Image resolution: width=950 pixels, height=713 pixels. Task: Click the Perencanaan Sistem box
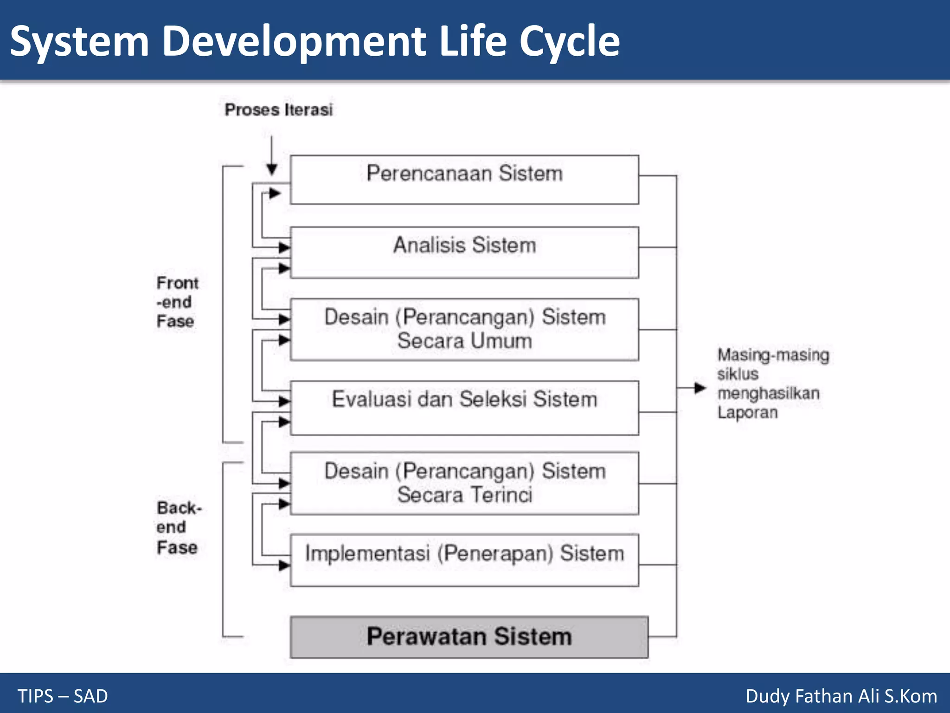pyautogui.click(x=464, y=180)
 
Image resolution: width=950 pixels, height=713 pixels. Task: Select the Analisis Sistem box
pyautogui.click(x=464, y=252)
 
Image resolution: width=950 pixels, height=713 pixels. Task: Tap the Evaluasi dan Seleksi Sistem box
pyautogui.click(x=464, y=408)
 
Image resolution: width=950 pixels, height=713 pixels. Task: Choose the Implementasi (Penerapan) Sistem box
pyautogui.click(x=464, y=560)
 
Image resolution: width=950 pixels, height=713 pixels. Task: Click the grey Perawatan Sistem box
pyautogui.click(x=469, y=637)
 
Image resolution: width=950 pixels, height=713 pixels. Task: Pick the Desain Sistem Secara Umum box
pyautogui.click(x=464, y=329)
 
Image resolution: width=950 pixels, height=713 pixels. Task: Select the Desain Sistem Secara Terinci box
pyautogui.click(x=464, y=483)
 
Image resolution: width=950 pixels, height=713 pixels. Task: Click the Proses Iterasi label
pyautogui.click(x=278, y=110)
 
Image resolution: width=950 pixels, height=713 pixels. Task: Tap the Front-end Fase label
pyautogui.click(x=177, y=302)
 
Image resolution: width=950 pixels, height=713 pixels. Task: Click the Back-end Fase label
pyautogui.click(x=178, y=527)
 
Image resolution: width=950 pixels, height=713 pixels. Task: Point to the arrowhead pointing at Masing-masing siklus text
pyautogui.click(x=700, y=388)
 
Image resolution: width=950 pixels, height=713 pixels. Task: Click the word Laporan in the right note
pyautogui.click(x=747, y=413)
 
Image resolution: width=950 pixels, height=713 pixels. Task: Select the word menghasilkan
pyautogui.click(x=768, y=393)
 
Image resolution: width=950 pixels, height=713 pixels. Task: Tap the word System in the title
pyautogui.click(x=79, y=42)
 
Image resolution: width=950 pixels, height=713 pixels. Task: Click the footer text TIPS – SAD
pyautogui.click(x=63, y=696)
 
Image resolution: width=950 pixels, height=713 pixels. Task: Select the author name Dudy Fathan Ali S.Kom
pyautogui.click(x=841, y=696)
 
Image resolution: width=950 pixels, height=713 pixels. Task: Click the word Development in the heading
pyautogui.click(x=294, y=42)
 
